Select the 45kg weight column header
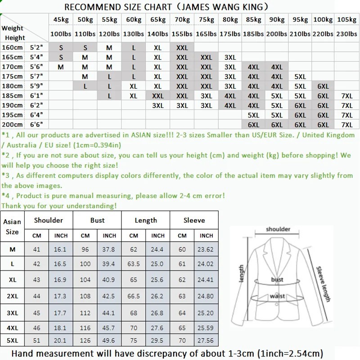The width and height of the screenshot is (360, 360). coord(60,20)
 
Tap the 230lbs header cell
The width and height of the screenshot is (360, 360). coord(346,34)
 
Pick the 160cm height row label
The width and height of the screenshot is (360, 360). coord(12,48)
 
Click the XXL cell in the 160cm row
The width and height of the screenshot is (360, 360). coord(182,48)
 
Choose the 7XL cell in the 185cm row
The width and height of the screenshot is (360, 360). coord(346,96)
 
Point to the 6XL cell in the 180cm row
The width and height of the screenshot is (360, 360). coord(323,86)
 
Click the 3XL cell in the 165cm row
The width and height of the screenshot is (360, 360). coord(229,57)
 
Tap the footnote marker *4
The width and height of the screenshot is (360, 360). coord(6,196)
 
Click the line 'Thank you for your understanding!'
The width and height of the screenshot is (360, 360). coord(59,206)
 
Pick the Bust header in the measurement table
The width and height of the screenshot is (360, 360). coord(97,220)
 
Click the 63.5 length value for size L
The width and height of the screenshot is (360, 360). coord(134,263)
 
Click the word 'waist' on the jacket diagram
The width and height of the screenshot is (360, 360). coord(276,296)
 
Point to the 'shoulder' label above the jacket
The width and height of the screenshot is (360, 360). coord(278,229)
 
